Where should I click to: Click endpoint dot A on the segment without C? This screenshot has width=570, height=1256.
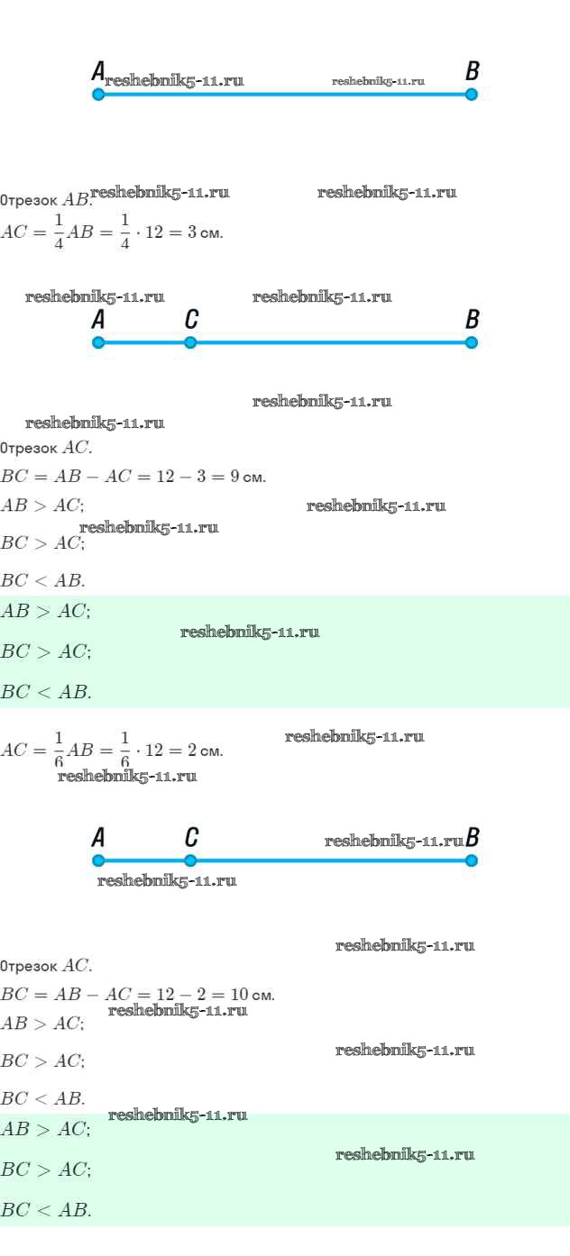coord(98,94)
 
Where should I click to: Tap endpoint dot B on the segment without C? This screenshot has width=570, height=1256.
coord(472,94)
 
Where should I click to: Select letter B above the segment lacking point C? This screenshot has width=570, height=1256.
coord(472,71)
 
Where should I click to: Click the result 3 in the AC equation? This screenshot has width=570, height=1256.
coord(193,232)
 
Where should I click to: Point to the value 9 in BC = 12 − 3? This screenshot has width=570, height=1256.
coord(234,477)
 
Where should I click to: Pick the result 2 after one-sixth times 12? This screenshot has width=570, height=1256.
coord(193,751)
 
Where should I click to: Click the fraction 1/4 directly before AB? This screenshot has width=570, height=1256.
coord(58,232)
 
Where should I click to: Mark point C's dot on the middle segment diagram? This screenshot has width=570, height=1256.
coord(190,342)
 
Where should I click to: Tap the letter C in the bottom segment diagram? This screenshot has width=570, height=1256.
coord(190,838)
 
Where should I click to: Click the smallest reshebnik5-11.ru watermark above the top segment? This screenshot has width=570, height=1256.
coord(378,81)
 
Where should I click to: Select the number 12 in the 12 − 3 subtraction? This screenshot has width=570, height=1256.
coord(165,477)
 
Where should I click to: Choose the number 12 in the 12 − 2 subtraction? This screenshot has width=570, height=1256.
coord(165,996)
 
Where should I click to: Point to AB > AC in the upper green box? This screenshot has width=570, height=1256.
coord(45,612)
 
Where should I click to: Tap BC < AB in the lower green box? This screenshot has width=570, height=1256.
coord(46,1210)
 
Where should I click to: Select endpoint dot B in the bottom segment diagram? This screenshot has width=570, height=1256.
coord(472,860)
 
